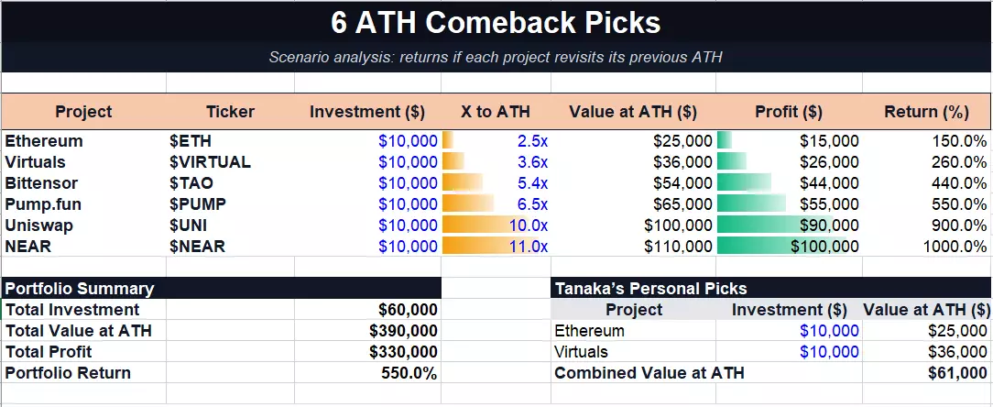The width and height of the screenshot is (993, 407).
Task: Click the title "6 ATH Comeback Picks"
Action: coord(496,24)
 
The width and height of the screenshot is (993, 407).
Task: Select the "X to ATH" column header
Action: coord(496,112)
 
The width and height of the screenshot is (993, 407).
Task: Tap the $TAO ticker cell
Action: coord(191,183)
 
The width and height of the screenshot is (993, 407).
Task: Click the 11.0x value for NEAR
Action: coord(529,246)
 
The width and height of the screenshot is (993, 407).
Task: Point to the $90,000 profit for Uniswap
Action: coord(829,225)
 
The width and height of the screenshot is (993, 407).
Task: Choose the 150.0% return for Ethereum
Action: coord(959,141)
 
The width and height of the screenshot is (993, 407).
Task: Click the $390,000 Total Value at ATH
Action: coord(403,330)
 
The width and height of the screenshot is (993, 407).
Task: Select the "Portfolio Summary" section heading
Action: coord(79,289)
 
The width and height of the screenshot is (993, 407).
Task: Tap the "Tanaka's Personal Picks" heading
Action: coord(650,289)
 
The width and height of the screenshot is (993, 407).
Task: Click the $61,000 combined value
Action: coord(957,373)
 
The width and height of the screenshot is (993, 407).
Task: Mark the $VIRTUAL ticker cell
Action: coord(210,161)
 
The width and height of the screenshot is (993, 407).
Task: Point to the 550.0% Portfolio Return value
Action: coord(409,373)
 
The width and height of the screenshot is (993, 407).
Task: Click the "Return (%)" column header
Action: coord(926,112)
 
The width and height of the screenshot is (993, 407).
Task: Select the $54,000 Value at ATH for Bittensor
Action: coord(682,183)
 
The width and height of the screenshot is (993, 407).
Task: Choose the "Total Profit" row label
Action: coord(49,352)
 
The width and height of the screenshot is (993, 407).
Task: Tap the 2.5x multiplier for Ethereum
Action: coord(532,141)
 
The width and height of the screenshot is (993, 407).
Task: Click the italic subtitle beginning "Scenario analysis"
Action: coord(496,57)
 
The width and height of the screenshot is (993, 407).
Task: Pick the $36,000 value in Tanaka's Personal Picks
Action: coord(957,352)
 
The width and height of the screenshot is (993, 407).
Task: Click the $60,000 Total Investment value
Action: coord(408,309)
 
